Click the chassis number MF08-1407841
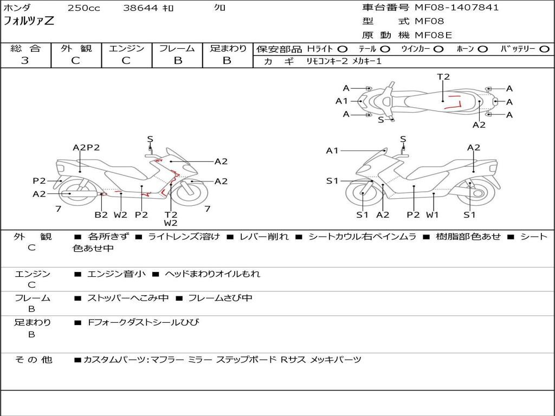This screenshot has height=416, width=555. [457, 8]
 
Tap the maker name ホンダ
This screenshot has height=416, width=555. [17, 8]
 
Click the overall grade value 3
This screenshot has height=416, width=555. [25, 61]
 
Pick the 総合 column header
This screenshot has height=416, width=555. [25, 49]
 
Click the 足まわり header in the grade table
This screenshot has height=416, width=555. [228, 49]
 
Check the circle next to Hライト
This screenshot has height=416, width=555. [343, 49]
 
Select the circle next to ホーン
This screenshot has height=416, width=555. [483, 49]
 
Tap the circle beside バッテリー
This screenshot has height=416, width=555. [544, 49]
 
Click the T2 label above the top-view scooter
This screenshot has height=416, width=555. [443, 77]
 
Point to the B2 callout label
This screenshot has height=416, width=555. [101, 214]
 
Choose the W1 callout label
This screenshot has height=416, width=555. [432, 214]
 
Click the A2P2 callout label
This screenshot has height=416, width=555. [86, 147]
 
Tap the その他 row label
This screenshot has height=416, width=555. [33, 360]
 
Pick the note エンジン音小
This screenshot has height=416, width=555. [117, 274]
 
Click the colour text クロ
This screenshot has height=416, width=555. [220, 8]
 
